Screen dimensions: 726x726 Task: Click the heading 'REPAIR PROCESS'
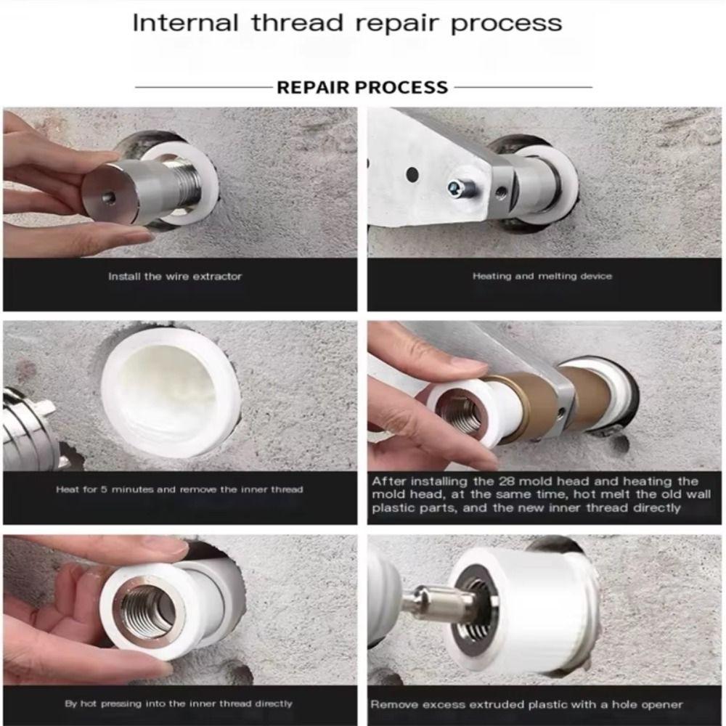(x=362, y=87)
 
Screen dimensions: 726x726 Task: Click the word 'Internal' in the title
(x=185, y=23)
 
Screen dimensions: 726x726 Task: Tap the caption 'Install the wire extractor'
(x=175, y=277)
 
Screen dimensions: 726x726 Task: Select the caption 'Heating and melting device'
(x=542, y=276)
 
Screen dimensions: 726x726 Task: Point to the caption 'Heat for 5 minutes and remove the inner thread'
(x=179, y=489)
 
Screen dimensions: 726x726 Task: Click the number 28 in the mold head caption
(x=507, y=481)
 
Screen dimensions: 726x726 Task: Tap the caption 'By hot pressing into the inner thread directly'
(x=179, y=703)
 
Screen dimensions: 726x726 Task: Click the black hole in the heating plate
(x=412, y=174)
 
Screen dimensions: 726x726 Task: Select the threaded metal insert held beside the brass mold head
(x=462, y=409)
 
